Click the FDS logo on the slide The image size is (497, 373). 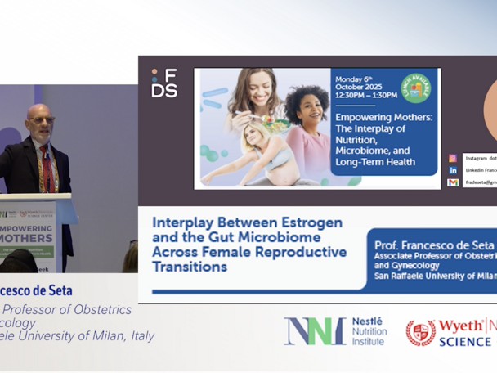pos(163,83)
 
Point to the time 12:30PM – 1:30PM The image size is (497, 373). pos(365,95)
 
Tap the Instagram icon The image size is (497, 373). pos(452,158)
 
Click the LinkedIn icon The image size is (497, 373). pos(452,170)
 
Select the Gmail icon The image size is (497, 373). pos(452,182)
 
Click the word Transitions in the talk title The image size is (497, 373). pos(189,267)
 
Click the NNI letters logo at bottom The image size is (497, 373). pos(314,330)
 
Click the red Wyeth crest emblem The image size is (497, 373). pos(420,332)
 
